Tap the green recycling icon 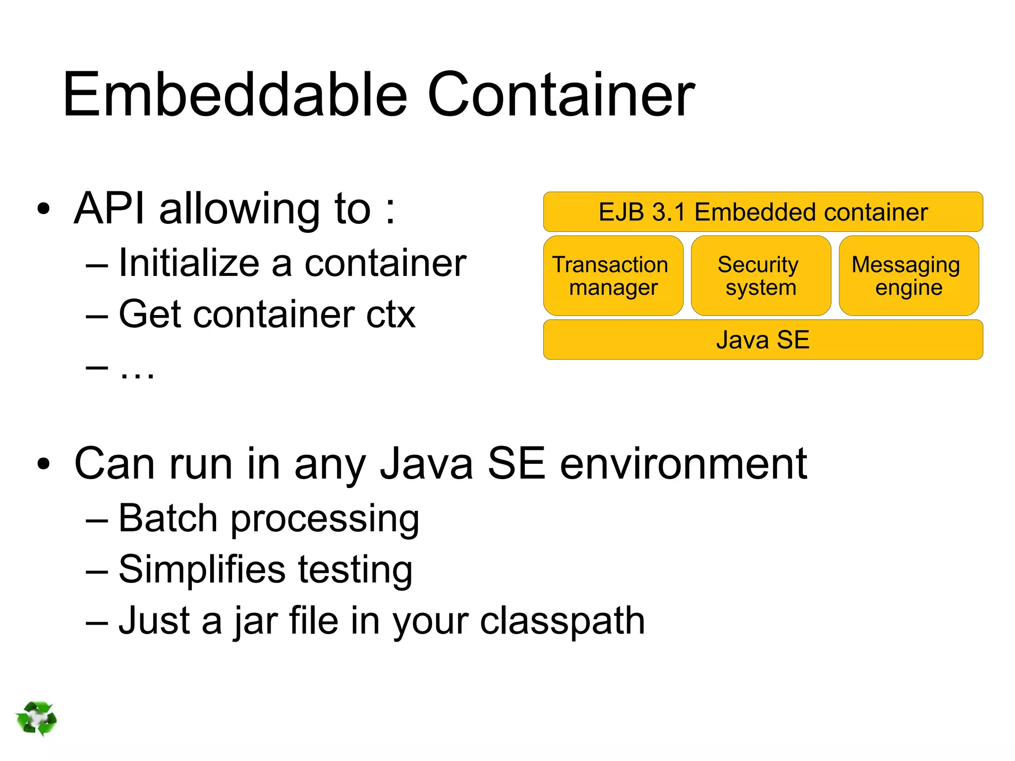coord(36,718)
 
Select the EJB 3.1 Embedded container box coord(763,212)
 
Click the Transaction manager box coord(613,276)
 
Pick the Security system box coord(761,276)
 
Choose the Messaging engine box coord(908,276)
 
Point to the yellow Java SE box coord(763,340)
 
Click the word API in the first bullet coord(110,209)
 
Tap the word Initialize coord(189,263)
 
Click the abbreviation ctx coord(391,315)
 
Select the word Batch coord(169,519)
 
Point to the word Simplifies coord(202,570)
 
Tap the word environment coord(683,464)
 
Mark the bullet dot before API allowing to coord(44,209)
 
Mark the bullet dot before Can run coord(44,464)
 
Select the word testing coord(355,570)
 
